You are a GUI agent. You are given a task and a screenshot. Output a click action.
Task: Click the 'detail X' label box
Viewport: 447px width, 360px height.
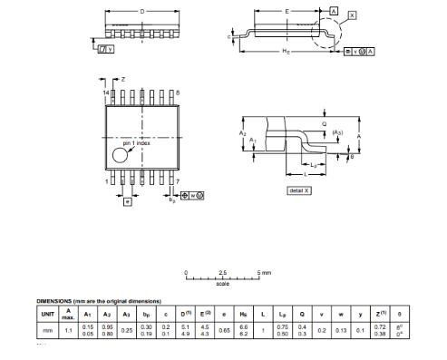(298, 190)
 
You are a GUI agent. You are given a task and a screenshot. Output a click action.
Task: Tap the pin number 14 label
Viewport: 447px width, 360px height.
(104, 92)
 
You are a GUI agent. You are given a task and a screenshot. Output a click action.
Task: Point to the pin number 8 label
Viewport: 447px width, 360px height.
(178, 92)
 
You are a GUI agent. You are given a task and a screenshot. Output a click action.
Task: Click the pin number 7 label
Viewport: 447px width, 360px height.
(178, 181)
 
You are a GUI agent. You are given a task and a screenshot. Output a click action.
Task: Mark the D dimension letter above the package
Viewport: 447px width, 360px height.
(141, 11)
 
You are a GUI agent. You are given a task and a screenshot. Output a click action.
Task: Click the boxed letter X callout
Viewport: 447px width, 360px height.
(353, 15)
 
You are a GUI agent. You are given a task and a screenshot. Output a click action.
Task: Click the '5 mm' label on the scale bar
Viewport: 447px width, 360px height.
(264, 272)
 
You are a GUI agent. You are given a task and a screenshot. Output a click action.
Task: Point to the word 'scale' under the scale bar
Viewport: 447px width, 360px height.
(223, 284)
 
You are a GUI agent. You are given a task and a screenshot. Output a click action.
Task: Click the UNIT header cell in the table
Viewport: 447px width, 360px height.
(48, 314)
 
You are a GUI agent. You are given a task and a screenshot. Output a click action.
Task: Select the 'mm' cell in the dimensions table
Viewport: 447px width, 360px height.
(48, 330)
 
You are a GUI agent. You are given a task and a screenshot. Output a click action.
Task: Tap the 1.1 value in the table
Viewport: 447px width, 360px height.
(69, 330)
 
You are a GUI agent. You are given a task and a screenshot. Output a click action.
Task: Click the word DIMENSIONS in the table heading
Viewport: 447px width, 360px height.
(57, 301)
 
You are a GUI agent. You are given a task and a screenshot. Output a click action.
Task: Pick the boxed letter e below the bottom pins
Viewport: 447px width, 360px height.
(126, 200)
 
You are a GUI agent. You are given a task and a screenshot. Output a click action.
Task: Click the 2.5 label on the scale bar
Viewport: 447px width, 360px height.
(223, 272)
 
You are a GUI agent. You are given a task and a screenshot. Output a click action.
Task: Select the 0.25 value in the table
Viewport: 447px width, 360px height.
(128, 331)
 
